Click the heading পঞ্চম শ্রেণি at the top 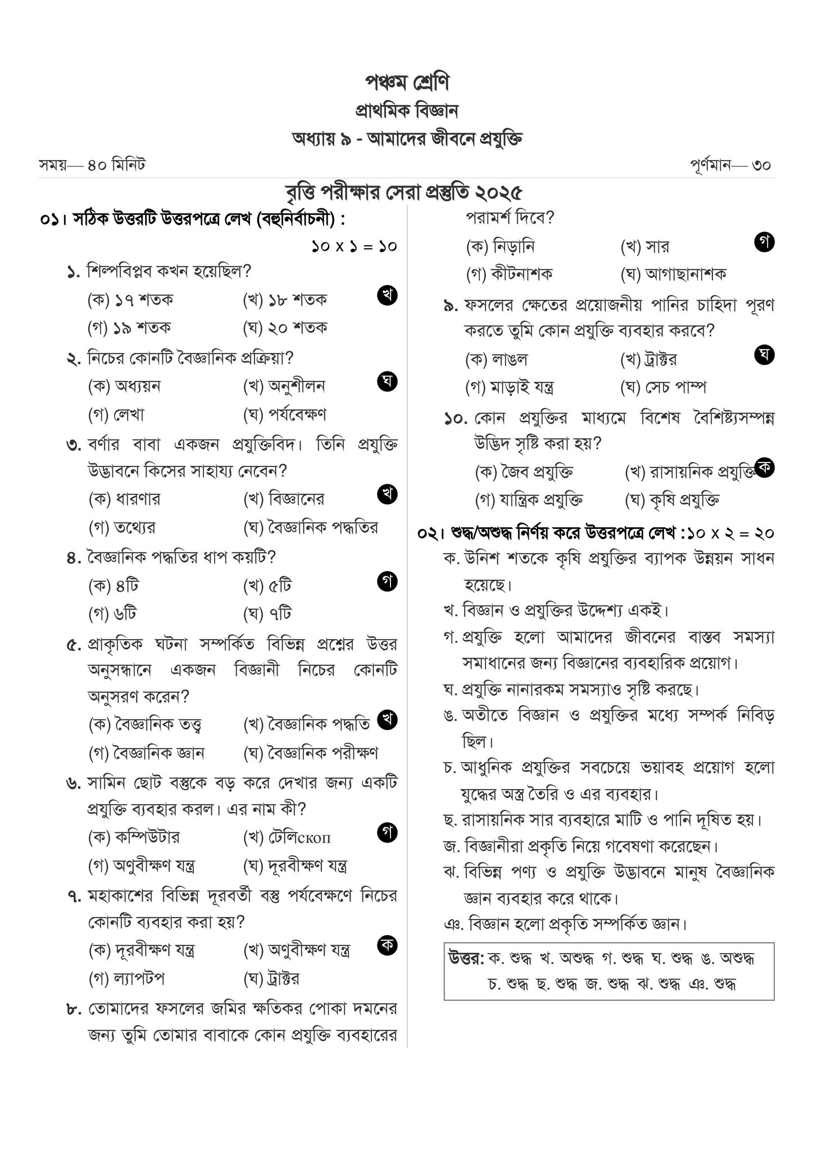pyautogui.click(x=407, y=83)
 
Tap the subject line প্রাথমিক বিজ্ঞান pyautogui.click(x=407, y=111)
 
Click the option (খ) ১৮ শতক pyautogui.click(x=285, y=300)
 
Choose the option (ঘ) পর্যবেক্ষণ pyautogui.click(x=285, y=415)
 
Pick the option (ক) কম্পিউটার pyautogui.click(x=134, y=837)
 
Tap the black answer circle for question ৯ pyautogui.click(x=765, y=354)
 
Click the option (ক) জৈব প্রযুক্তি pyautogui.click(x=524, y=472)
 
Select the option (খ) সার pyautogui.click(x=645, y=246)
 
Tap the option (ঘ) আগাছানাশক pyautogui.click(x=673, y=274)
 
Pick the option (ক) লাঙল pyautogui.click(x=497, y=359)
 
